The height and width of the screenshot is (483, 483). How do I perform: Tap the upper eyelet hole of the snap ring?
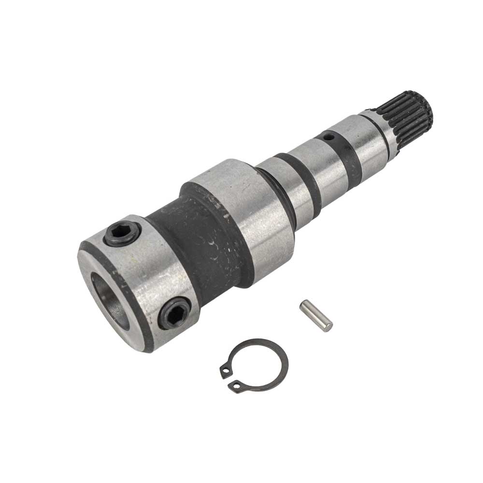[x=225, y=370]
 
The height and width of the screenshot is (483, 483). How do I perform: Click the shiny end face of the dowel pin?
[x=327, y=327]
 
